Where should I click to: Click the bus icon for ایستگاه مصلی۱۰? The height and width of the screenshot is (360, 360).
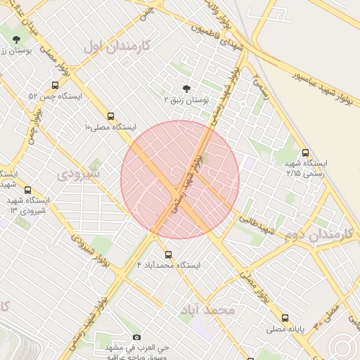tap(110, 116)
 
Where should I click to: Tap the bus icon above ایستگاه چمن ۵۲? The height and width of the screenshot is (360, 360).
tap(55, 85)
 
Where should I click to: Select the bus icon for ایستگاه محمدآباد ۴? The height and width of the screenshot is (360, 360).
tap(167, 255)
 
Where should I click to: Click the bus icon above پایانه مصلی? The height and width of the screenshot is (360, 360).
tap(285, 318)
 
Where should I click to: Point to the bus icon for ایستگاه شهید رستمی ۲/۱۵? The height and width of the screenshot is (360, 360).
tap(304, 152)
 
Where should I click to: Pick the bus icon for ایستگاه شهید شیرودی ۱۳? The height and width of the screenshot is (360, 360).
tap(28, 190)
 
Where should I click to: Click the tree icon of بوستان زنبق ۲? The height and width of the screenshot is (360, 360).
tap(186, 89)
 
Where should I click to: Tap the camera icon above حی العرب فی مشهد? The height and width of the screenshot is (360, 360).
tap(136, 337)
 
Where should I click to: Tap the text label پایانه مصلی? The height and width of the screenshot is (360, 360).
tap(284, 329)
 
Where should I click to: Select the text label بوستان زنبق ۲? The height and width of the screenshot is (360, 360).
tap(187, 101)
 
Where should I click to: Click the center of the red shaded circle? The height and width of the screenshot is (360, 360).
tap(180, 180)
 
